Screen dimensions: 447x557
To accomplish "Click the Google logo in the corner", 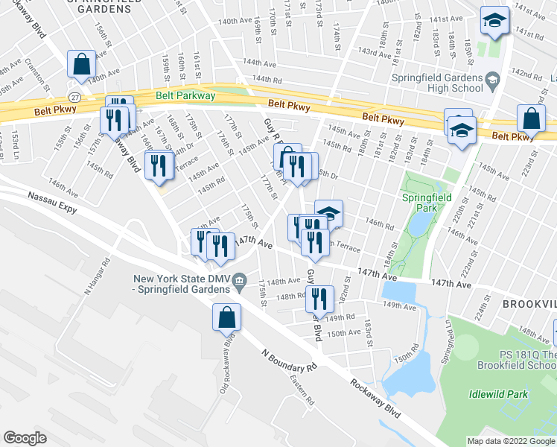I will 25,438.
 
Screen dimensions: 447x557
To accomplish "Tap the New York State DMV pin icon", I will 240,281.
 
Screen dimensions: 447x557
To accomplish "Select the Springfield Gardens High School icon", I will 492,78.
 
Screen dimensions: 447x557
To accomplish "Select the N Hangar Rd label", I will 98,276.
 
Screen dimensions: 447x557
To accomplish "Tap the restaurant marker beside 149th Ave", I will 318,298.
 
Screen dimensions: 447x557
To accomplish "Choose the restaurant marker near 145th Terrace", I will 158,165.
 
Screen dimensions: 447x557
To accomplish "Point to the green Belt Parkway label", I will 185,95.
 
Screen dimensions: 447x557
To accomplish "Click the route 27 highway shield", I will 74,98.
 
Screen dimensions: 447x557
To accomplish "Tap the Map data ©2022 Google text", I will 511,441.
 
